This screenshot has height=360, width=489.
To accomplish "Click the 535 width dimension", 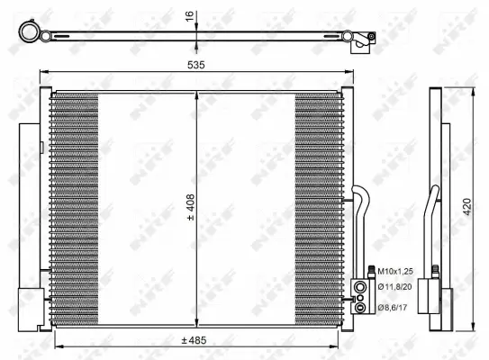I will point(195,66).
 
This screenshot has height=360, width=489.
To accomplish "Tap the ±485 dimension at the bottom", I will point(195,340).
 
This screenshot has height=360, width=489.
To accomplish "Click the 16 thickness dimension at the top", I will point(190,17).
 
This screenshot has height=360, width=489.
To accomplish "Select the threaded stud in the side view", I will point(436,269).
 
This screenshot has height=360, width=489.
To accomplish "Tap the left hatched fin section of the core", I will point(75,207).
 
